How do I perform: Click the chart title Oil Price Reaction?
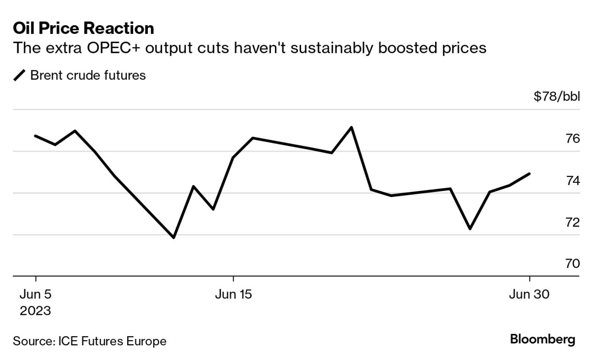tap(84, 28)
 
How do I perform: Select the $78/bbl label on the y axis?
tap(557, 97)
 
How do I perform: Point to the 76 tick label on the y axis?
tap(573, 139)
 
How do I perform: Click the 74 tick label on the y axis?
tap(573, 180)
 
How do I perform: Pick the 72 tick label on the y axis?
tap(573, 222)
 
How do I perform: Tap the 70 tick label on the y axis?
tap(573, 264)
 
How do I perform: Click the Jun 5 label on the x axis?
tap(35, 294)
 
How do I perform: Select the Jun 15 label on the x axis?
tap(234, 294)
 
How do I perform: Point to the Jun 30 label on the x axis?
tap(529, 294)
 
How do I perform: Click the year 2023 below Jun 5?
tap(35, 311)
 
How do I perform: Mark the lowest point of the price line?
tap(173, 237)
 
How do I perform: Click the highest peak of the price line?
tap(351, 127)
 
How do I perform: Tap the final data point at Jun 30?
tap(530, 174)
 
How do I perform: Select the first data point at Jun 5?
tap(35, 136)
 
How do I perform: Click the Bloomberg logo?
tap(543, 340)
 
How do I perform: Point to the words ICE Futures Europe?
tap(112, 341)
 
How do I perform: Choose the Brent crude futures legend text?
tap(88, 75)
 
